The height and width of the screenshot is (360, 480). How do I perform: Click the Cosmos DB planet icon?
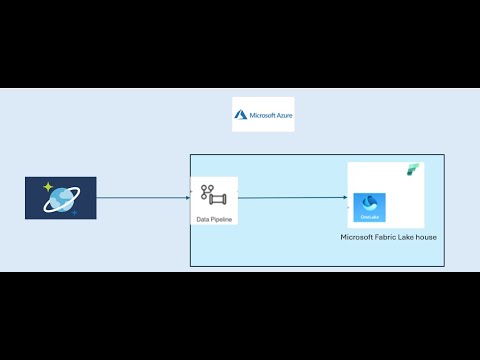point(60,198)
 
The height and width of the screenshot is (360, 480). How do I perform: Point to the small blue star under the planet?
point(73,212)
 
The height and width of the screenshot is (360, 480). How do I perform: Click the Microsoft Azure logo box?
point(263,115)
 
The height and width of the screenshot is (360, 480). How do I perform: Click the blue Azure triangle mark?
point(241,115)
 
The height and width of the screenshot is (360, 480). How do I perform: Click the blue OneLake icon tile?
point(370,207)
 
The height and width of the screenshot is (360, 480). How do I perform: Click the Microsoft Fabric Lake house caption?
point(388,237)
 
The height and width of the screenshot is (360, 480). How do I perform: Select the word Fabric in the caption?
point(387,237)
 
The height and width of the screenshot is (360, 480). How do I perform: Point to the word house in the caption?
point(424,237)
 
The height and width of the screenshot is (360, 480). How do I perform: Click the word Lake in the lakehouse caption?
point(406,237)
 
